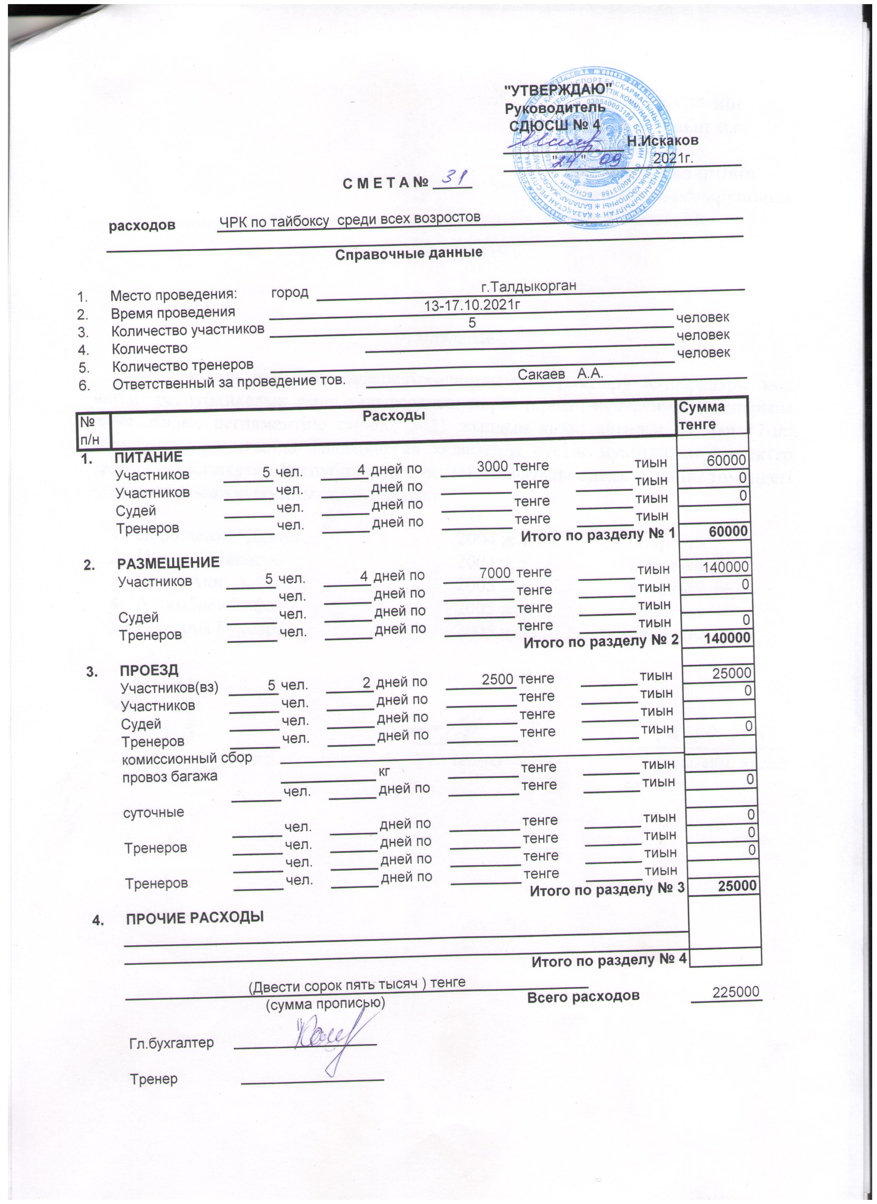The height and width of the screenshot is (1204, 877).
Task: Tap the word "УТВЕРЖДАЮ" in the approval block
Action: [557, 90]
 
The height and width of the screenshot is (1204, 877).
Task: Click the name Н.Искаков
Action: [662, 141]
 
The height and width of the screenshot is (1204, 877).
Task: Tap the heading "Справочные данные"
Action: [409, 253]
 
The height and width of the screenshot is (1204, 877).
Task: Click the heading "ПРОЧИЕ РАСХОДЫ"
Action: [195, 917]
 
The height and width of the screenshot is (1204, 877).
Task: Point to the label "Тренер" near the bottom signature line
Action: [154, 1079]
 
